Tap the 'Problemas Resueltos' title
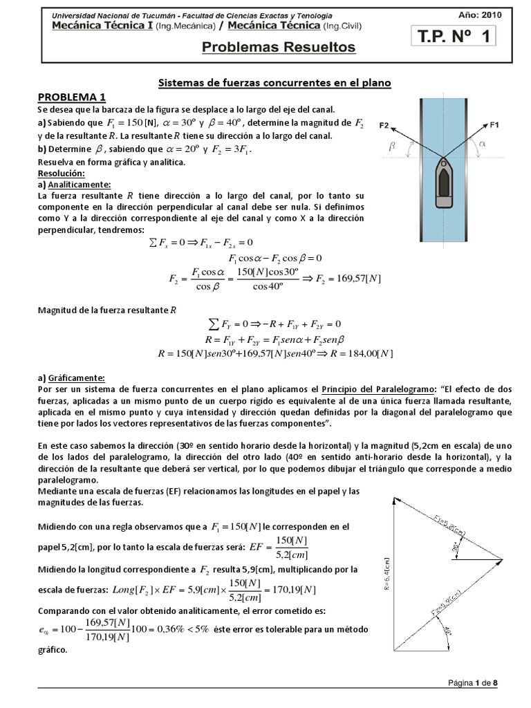point(279,47)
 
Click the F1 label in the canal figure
point(494,125)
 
